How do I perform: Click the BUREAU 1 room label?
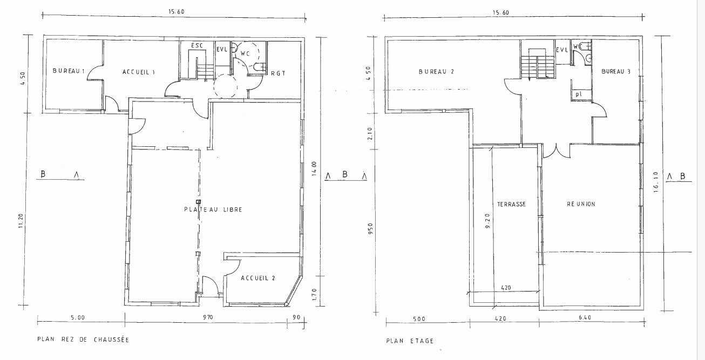69,71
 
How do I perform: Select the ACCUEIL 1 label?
139,72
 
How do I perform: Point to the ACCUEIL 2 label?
258,279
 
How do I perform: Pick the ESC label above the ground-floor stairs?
197,46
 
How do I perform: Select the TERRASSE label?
511,205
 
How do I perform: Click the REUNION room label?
581,204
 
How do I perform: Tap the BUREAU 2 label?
436,72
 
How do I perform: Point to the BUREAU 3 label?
616,72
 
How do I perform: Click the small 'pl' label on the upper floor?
578,94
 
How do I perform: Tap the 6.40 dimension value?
585,318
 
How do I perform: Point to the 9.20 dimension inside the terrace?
488,222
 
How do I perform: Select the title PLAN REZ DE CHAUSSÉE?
83,340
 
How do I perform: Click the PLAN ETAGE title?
410,341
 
